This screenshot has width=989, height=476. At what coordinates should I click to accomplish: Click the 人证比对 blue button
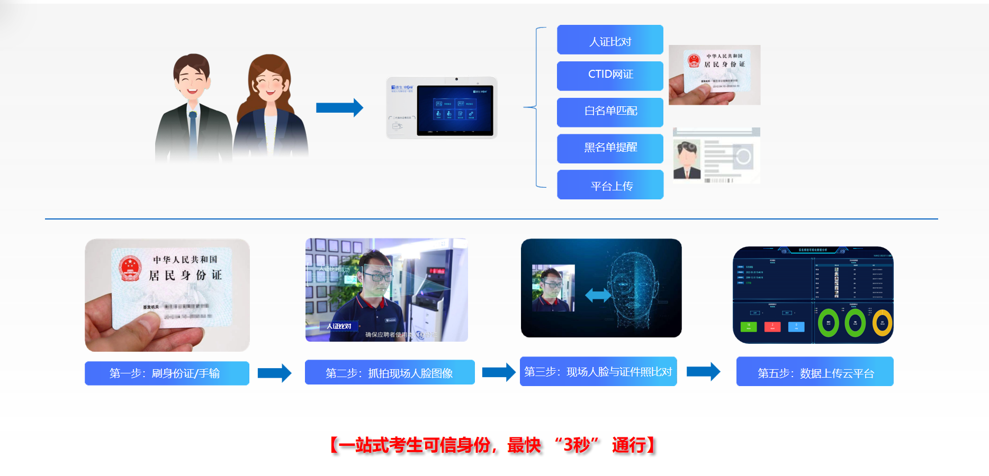click(x=610, y=40)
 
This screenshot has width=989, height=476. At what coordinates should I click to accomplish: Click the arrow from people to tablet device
click(x=339, y=108)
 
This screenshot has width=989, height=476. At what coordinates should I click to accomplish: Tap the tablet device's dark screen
click(x=455, y=111)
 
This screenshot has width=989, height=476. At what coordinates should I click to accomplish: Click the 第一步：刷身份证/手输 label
click(x=167, y=373)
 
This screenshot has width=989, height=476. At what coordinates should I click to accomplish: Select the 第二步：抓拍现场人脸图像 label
click(x=389, y=372)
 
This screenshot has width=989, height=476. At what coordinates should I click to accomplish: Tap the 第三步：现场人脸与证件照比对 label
click(x=598, y=371)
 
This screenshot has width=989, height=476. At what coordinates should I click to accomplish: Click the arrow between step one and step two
click(x=274, y=373)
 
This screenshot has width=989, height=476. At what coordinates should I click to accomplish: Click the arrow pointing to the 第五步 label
click(x=703, y=372)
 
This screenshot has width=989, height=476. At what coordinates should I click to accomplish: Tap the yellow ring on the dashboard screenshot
click(x=882, y=323)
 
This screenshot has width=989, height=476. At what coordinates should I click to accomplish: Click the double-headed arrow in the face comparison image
click(x=598, y=295)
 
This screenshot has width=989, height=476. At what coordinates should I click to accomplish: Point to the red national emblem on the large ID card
click(x=130, y=268)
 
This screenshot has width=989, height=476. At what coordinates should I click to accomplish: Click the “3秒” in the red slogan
click(x=577, y=445)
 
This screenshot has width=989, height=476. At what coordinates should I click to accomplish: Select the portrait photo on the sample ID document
click(x=687, y=160)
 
